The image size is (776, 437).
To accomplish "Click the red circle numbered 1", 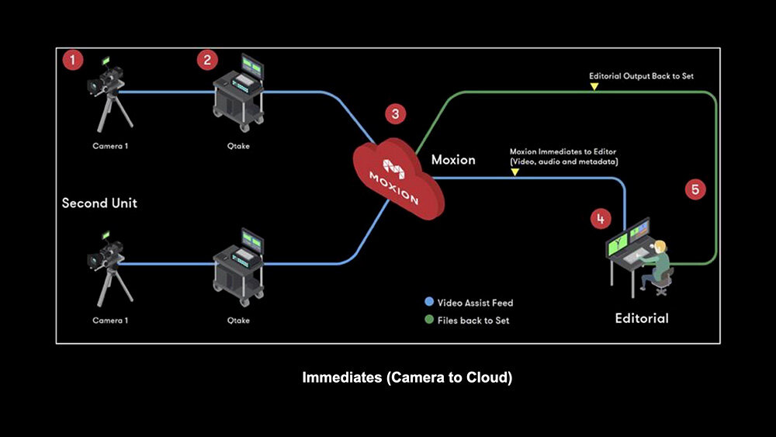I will (x=73, y=59).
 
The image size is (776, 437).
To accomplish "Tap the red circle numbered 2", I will (x=206, y=59).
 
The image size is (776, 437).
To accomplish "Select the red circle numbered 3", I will (x=396, y=114).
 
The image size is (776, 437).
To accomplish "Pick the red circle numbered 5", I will (x=695, y=189).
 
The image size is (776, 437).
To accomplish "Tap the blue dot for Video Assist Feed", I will (x=429, y=303).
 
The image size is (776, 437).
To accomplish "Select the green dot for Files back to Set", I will (x=429, y=320).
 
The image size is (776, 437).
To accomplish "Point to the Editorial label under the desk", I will (x=641, y=318).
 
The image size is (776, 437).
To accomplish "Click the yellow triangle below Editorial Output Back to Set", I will (x=594, y=87).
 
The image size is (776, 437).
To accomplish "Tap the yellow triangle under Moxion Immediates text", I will (x=514, y=172).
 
